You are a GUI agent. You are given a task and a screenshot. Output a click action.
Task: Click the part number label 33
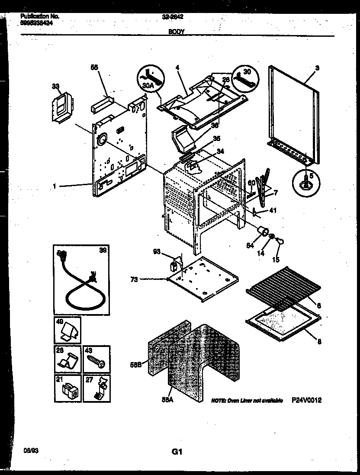(x=55, y=87)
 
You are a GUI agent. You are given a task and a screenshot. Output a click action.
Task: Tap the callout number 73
(x=135, y=279)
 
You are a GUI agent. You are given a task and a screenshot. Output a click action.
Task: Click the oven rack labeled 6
(x=283, y=287)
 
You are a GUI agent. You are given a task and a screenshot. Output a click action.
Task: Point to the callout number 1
(x=55, y=186)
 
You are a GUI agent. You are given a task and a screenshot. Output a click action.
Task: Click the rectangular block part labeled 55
(x=101, y=104)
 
